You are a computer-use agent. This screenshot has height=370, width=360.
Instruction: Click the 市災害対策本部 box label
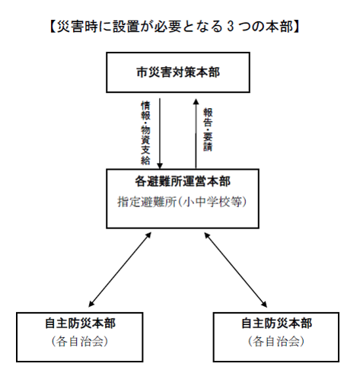click(x=177, y=73)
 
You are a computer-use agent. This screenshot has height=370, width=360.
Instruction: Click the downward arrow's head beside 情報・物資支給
click(x=161, y=165)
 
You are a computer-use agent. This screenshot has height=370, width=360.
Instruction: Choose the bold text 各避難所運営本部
click(x=177, y=183)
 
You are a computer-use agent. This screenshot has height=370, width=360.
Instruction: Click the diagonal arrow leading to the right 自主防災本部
click(x=237, y=269)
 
